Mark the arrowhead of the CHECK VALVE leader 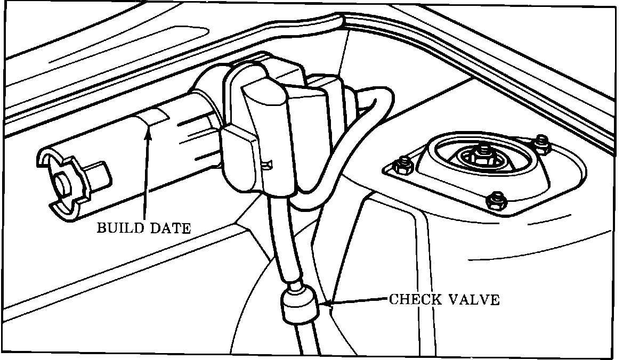click(x=326, y=305)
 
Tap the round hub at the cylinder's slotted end click(x=63, y=185)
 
